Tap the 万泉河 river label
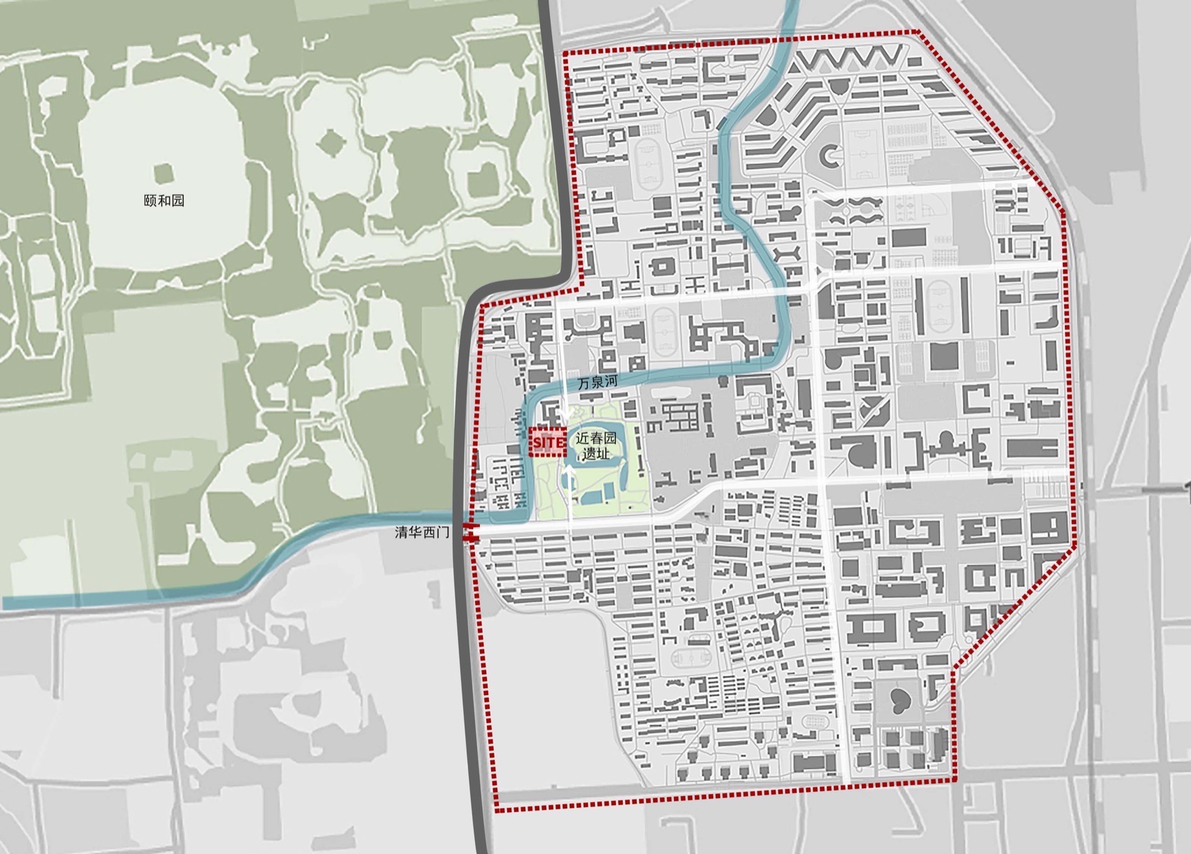click(x=595, y=384)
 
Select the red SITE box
click(x=547, y=442)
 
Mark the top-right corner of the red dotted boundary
click(x=918, y=32)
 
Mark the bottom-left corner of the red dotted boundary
click(x=497, y=811)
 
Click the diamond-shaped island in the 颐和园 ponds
click(x=329, y=143)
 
